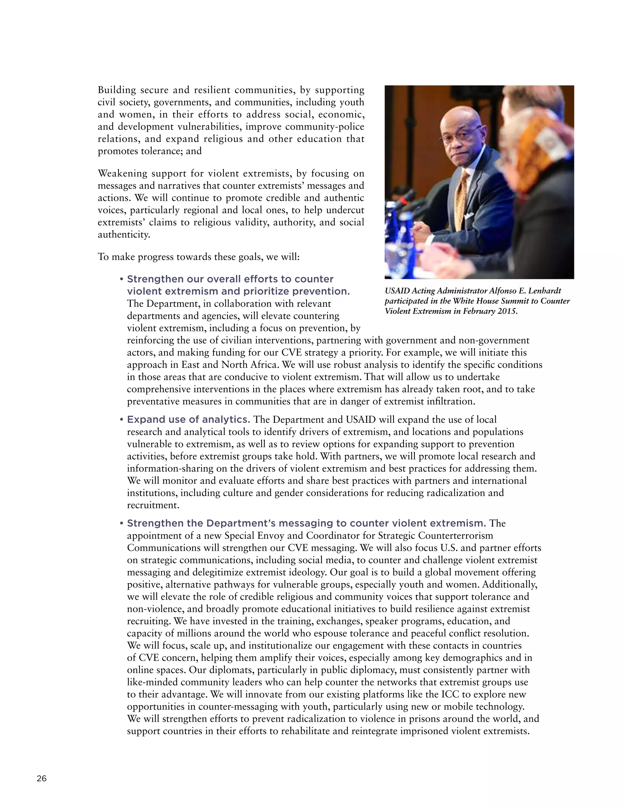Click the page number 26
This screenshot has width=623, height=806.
click(42, 779)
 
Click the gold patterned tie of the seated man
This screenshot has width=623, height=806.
click(461, 199)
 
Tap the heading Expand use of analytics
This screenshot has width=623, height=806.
click(188, 420)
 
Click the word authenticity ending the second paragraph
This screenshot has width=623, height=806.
click(124, 235)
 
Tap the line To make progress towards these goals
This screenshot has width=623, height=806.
click(198, 257)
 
